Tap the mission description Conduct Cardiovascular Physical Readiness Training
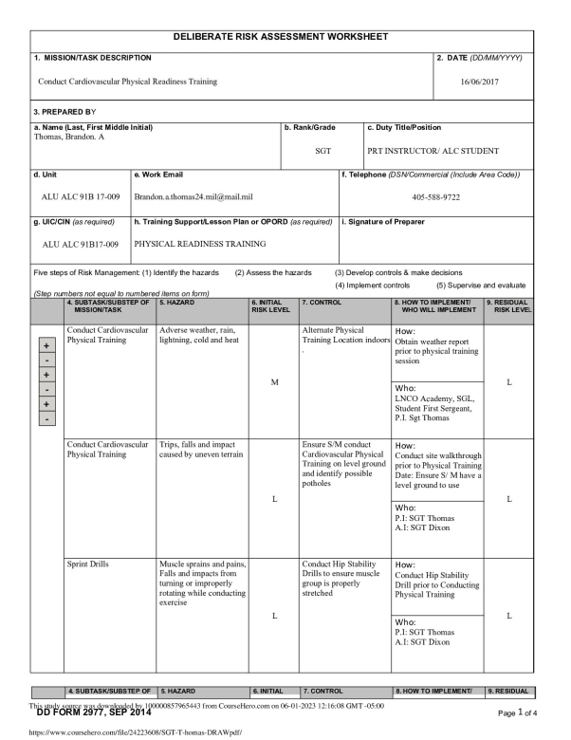point(127,82)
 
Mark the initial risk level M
point(273,382)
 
